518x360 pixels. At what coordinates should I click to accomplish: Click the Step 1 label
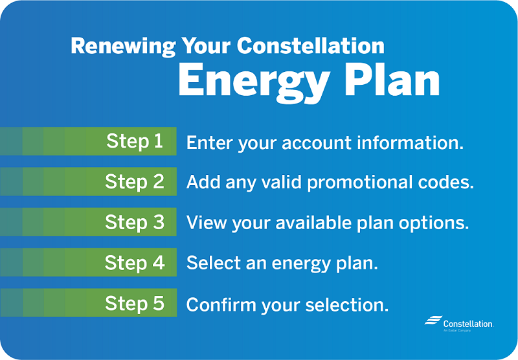click(x=135, y=141)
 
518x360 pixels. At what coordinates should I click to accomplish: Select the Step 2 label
click(x=135, y=182)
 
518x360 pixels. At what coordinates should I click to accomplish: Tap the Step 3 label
click(x=135, y=222)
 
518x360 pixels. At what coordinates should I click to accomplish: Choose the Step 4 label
click(x=135, y=263)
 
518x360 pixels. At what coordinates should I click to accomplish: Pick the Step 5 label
click(x=135, y=303)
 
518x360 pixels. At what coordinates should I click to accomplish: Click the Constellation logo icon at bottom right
click(x=433, y=321)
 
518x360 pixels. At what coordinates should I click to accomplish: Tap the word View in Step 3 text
click(x=203, y=223)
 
